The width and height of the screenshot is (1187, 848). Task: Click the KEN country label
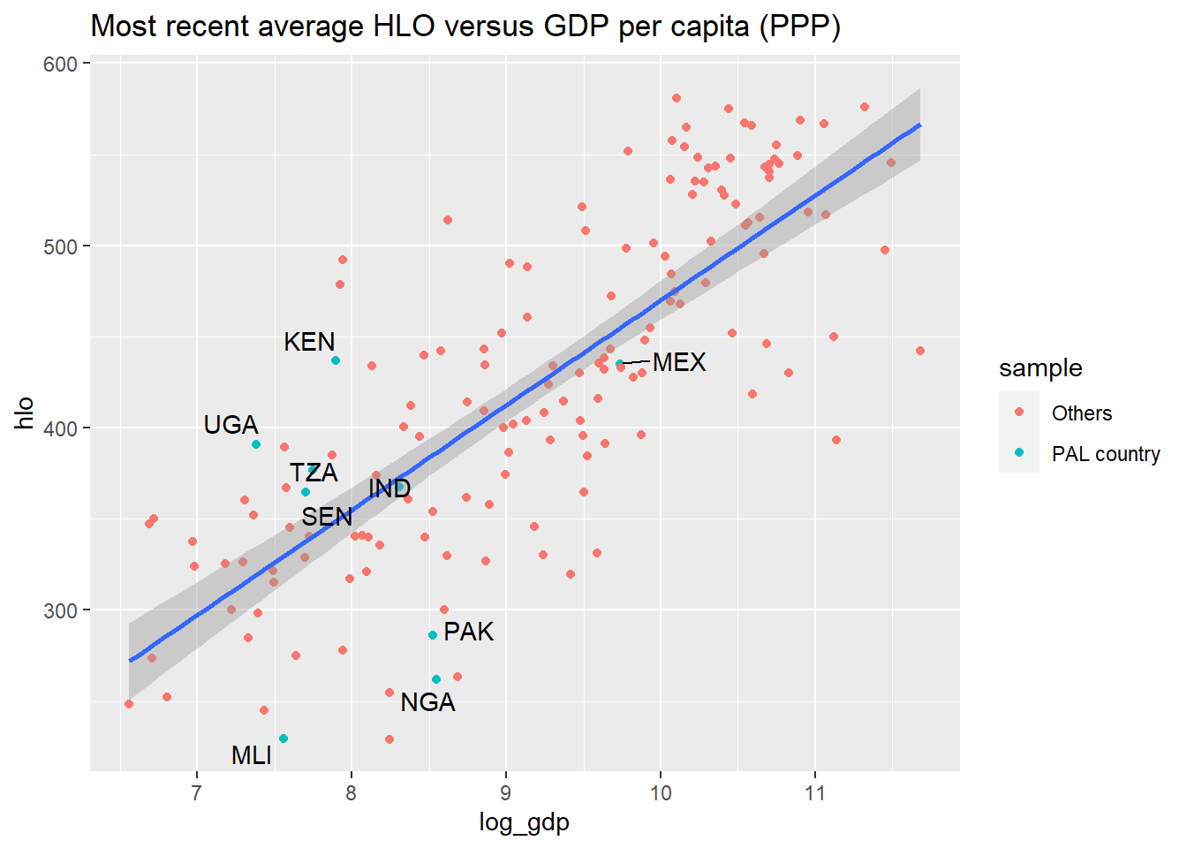[309, 342]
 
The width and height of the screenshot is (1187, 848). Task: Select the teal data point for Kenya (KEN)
[336, 361]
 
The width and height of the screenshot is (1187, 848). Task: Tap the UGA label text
[231, 425]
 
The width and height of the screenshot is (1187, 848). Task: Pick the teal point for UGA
[256, 444]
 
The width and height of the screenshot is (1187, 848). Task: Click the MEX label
[679, 362]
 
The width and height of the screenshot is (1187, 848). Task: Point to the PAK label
[468, 632]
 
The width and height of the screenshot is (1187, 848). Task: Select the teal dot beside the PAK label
[433, 635]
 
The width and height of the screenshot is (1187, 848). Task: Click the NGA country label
[427, 703]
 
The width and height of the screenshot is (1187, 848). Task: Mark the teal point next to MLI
[284, 738]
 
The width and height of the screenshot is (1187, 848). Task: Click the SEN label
[327, 517]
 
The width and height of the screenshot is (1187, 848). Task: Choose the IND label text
[389, 488]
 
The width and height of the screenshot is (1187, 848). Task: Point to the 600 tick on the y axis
[60, 64]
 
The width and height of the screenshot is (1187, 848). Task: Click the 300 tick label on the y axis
[60, 611]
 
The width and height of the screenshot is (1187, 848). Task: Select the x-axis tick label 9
[505, 793]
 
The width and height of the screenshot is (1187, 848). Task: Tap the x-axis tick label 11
[815, 793]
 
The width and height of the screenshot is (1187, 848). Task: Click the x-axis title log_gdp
[524, 823]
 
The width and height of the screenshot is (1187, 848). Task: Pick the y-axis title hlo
[24, 413]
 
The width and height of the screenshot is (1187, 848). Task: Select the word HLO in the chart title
[404, 26]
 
